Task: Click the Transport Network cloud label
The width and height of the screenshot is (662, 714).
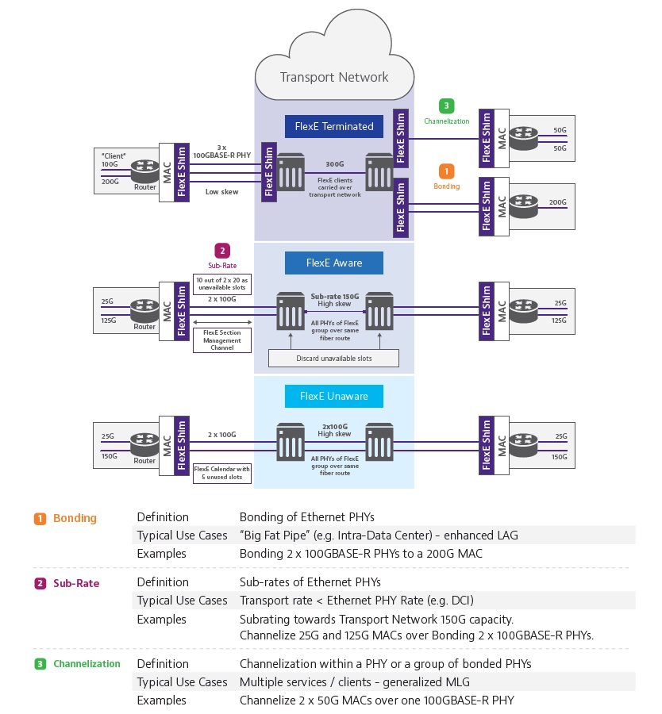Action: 334,77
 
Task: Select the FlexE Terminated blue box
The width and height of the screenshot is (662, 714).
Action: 333,125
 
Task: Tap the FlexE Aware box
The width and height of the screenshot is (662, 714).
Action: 333,263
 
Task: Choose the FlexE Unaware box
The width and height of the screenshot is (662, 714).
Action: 333,396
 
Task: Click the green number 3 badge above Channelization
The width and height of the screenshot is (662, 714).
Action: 447,106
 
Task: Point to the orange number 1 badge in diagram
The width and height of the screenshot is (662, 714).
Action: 447,171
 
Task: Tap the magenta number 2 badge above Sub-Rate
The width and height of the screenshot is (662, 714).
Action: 222,251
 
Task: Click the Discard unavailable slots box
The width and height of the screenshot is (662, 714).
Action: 333,359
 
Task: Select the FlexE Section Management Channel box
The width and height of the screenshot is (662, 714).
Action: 222,340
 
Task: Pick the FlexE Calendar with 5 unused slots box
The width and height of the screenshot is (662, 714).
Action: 222,474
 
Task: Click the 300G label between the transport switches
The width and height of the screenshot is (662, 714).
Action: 334,166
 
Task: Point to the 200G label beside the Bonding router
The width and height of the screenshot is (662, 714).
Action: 558,202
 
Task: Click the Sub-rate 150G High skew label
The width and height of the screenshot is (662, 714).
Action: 334,299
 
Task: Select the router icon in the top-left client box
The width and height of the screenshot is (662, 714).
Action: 144,169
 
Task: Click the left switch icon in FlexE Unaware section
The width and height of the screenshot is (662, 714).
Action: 290,442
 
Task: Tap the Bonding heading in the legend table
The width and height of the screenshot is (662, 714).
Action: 75,518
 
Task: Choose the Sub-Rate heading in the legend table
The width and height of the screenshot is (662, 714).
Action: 76,583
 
